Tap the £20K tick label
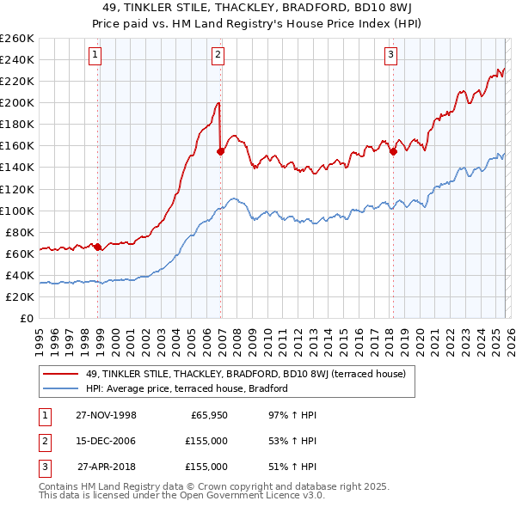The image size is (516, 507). [x=19, y=296]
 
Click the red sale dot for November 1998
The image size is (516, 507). [x=98, y=247]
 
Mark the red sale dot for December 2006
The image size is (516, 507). [x=221, y=151]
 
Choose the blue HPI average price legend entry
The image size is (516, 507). [x=186, y=388]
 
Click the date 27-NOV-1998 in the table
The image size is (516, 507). [x=106, y=415]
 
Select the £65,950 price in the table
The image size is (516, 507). [x=209, y=415]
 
